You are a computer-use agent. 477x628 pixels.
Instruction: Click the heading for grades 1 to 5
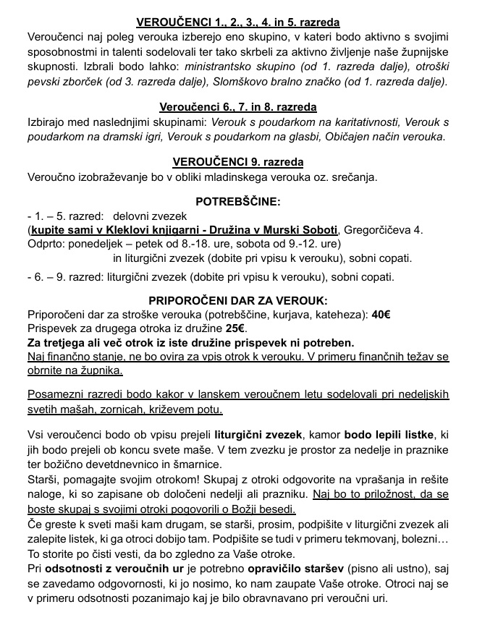point(238,22)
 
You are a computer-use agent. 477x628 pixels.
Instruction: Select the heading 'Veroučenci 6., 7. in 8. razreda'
point(238,106)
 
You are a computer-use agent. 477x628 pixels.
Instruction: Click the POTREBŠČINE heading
point(238,201)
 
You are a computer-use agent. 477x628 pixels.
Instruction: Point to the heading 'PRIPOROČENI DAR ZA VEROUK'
point(238,300)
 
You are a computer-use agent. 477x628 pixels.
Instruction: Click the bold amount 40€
point(381,314)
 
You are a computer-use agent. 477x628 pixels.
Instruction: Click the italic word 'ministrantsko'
point(221,65)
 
